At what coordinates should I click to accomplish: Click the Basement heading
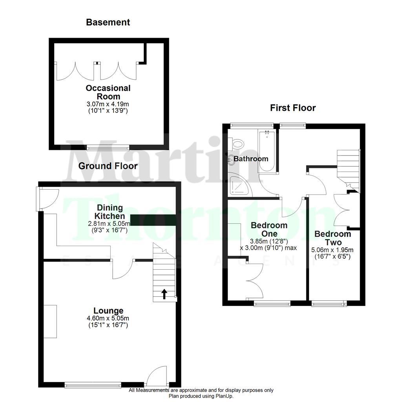tap(108, 22)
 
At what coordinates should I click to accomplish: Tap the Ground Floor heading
tap(108, 166)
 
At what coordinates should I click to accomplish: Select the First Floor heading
tap(293, 108)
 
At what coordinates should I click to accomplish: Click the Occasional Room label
tap(108, 92)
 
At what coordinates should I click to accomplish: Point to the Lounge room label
tap(108, 311)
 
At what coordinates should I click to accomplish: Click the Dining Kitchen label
tap(110, 212)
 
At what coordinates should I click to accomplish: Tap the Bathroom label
tap(251, 159)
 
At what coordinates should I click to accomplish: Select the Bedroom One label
tap(269, 230)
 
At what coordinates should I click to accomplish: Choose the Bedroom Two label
tap(333, 238)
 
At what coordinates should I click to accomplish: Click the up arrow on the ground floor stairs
tap(164, 294)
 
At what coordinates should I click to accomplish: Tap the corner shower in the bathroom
tap(241, 184)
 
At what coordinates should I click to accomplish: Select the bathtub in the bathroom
tap(267, 151)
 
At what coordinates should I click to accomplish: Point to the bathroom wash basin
tap(231, 159)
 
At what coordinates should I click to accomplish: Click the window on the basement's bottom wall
tap(108, 148)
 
